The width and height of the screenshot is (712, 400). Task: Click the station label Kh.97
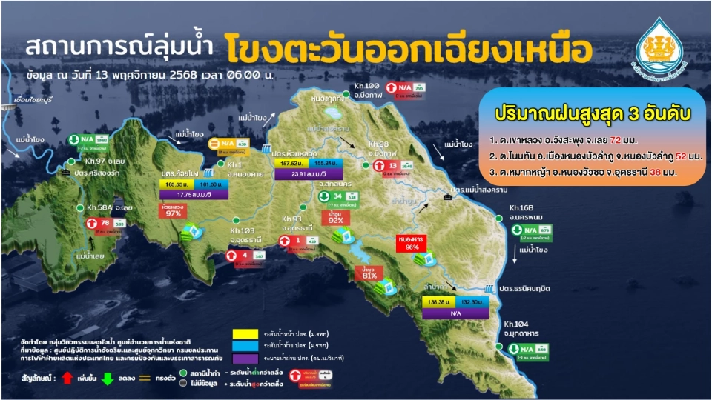(x=94, y=161)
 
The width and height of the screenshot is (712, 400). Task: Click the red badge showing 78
(x=105, y=222)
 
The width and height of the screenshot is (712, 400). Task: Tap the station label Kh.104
(x=516, y=323)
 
